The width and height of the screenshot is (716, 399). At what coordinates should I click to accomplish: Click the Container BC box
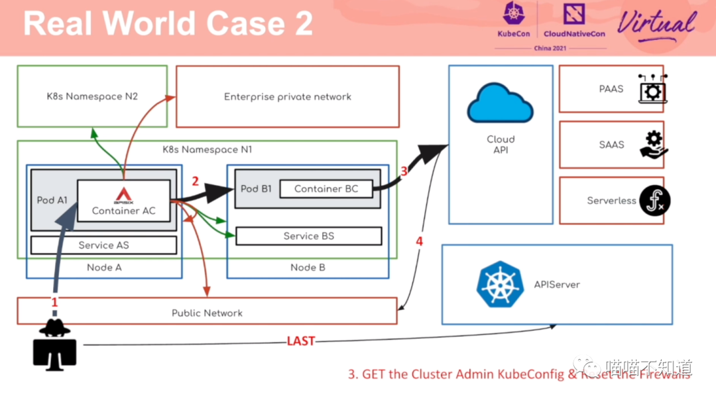point(326,189)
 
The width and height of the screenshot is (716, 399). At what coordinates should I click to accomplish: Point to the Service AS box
point(103,245)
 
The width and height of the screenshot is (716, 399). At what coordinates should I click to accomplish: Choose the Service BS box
point(308,236)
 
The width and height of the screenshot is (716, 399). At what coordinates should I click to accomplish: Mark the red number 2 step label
point(195,181)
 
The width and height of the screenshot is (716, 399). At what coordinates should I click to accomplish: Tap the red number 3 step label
point(404,171)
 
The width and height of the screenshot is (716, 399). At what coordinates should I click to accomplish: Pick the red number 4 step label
point(419,242)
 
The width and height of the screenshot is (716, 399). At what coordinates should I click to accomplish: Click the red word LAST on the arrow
point(300,341)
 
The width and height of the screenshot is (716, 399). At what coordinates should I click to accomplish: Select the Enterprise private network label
point(287,97)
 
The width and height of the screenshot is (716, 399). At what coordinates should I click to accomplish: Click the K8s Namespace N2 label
point(92,96)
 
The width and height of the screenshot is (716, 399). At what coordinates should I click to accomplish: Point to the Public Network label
point(207,313)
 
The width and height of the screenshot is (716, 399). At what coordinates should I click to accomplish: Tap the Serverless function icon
point(654,200)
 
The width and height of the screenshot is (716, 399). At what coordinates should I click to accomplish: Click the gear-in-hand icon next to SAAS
point(654,144)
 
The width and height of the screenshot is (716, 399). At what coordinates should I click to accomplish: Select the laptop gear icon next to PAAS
point(652,89)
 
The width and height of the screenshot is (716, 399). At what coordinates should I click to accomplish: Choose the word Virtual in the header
point(656,25)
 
